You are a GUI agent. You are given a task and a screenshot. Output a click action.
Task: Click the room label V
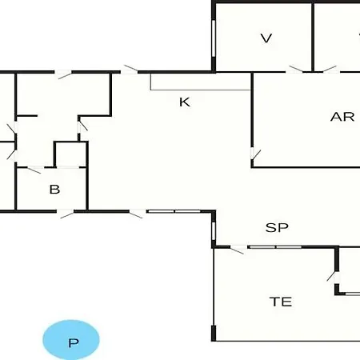[x=266, y=38]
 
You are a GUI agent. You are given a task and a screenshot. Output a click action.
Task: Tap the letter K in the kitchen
[x=185, y=102]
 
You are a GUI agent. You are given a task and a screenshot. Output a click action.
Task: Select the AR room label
[x=342, y=117]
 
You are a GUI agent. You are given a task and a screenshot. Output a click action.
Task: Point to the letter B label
[x=54, y=190]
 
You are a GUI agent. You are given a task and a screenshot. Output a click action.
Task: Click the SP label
[x=277, y=227]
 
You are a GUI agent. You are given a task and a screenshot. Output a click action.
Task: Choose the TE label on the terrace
[x=281, y=302]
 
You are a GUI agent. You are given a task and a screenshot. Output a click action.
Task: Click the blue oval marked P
[x=71, y=340]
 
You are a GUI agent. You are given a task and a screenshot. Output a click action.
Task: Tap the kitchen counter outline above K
[x=200, y=90]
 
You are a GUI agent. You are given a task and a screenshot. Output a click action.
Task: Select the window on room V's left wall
[x=214, y=38]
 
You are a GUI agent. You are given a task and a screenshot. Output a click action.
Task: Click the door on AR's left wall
[x=255, y=154]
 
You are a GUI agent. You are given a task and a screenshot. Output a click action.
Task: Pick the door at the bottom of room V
[x=294, y=70]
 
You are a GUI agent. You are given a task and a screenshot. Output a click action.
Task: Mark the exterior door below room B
[x=66, y=214]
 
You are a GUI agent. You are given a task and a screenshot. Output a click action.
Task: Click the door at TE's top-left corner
[x=238, y=250]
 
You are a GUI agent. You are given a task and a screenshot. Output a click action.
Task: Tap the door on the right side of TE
[x=334, y=278]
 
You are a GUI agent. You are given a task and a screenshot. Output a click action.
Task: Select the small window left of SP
[x=214, y=231]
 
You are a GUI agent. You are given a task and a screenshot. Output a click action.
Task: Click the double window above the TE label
[x=275, y=247]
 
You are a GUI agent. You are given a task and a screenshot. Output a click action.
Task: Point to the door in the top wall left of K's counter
[x=130, y=70]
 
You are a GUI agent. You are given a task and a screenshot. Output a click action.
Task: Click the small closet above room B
[x=71, y=154]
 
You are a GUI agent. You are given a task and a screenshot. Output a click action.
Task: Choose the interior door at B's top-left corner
[x=34, y=169]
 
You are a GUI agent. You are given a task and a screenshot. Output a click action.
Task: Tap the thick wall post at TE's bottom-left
[x=214, y=333]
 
